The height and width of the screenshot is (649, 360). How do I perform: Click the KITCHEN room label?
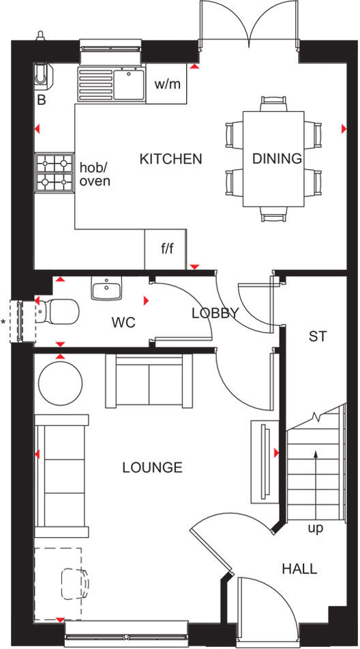click(171, 159)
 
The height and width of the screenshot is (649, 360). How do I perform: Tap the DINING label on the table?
click(277, 159)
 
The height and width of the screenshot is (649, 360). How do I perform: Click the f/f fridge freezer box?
click(166, 249)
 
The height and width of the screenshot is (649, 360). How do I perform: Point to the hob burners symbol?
click(55, 172)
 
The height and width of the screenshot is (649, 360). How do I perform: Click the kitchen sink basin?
click(126, 85)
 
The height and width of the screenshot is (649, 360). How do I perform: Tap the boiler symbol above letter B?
click(42, 74)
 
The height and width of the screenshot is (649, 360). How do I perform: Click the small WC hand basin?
click(106, 290)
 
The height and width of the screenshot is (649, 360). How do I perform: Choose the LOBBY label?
click(215, 314)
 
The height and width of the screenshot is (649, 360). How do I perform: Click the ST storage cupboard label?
click(318, 336)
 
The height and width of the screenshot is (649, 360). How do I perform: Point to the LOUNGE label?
click(153, 468)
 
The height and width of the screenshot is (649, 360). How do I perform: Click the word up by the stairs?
click(315, 528)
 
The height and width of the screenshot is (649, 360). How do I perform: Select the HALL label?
click(300, 569)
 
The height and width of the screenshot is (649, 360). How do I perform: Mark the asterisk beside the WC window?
click(4, 322)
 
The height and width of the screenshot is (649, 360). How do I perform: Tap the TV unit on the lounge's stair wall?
click(262, 459)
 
